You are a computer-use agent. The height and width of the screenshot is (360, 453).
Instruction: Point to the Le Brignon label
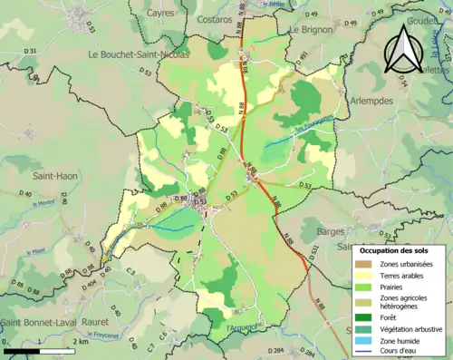click(x=313, y=30)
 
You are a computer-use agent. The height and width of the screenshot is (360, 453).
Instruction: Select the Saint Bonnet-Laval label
click(x=36, y=319)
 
